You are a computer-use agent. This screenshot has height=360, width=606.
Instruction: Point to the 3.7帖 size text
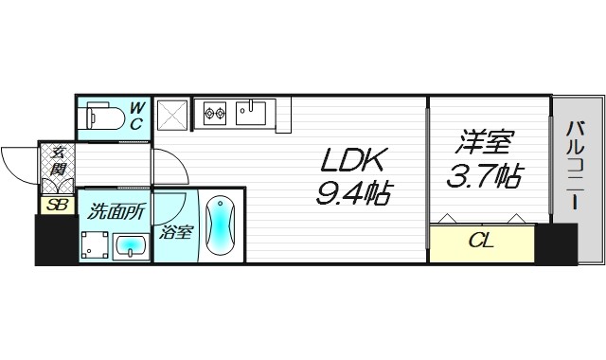(485, 177)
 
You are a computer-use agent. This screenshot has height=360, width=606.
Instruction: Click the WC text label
(135, 116)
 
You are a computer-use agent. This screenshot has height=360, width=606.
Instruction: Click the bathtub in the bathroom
(219, 226)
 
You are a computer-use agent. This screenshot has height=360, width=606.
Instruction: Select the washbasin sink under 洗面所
(130, 247)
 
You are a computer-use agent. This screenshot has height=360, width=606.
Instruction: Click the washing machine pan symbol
(94, 245)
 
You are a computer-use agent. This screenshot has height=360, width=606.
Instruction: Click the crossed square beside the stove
(172, 115)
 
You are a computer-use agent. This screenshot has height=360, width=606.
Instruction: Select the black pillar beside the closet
(556, 243)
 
